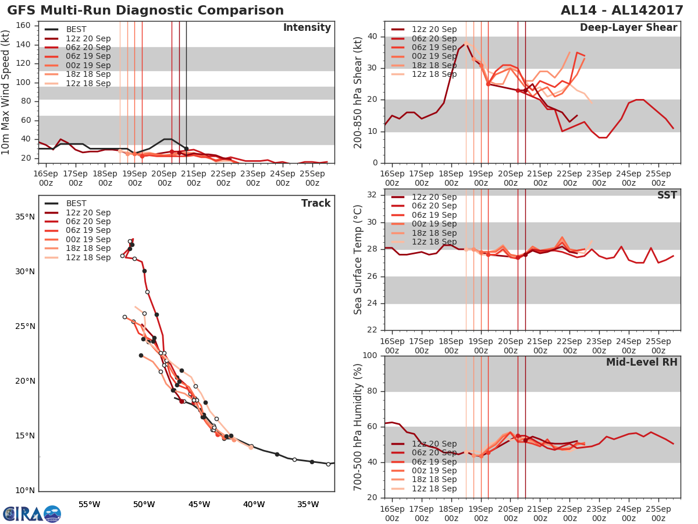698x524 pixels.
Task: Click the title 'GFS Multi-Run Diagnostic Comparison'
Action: (145, 10)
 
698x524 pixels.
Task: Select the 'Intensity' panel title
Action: (307, 28)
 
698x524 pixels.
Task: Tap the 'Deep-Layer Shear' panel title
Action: (628, 28)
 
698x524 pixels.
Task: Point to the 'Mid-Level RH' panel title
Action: (642, 362)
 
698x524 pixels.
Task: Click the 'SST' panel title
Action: (667, 195)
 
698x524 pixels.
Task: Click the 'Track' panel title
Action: (315, 203)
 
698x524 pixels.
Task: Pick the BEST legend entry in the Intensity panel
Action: (76, 29)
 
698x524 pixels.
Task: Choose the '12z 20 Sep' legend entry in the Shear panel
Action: (434, 29)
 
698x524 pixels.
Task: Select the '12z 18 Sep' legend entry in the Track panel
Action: (88, 258)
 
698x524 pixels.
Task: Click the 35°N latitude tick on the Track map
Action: (24, 217)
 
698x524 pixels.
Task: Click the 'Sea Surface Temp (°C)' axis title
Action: (359, 260)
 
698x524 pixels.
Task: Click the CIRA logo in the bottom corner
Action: (32, 514)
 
